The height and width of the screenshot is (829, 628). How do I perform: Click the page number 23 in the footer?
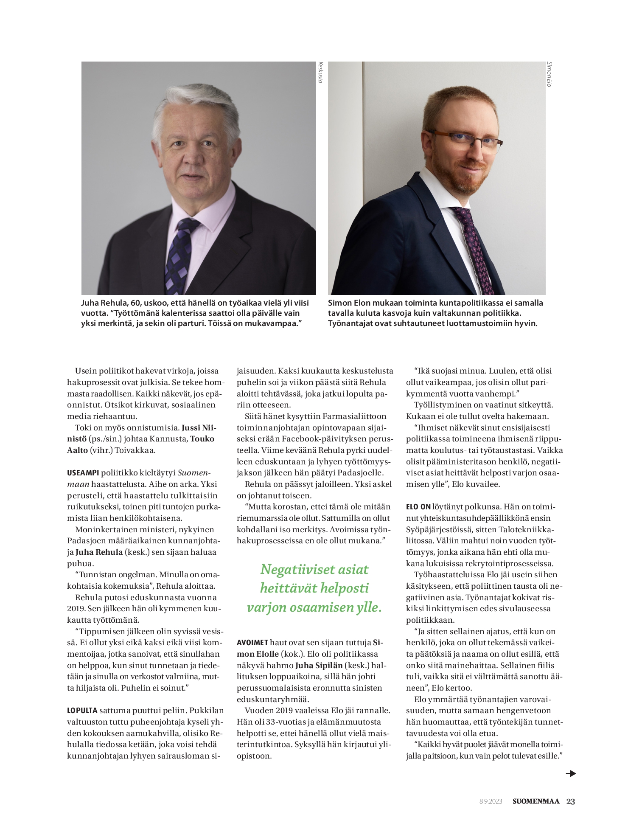(571, 801)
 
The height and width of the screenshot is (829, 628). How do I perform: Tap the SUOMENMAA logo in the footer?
(536, 801)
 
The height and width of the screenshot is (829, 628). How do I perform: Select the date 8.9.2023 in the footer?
(491, 801)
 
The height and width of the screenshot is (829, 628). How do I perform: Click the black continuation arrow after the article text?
(571, 773)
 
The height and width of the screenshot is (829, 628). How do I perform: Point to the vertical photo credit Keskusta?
(320, 73)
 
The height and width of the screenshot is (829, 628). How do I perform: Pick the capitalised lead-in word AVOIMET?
(252, 643)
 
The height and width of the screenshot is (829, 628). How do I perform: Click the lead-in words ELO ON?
(418, 507)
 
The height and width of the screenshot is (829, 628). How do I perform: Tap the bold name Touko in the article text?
(202, 439)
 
